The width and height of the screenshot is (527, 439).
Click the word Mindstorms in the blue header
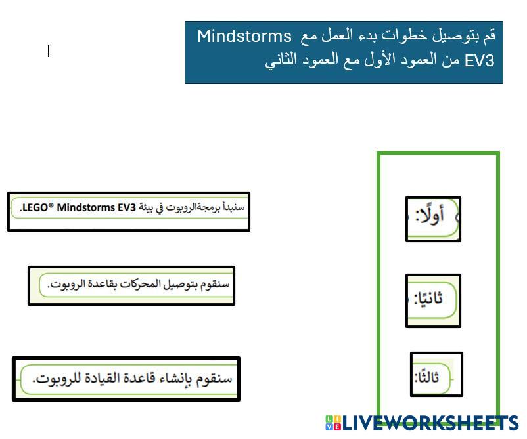tap(244, 36)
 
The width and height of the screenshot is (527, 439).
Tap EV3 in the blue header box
tap(480, 61)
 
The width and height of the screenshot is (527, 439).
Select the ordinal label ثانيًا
tap(428, 298)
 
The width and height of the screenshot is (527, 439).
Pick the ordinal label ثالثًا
tap(427, 377)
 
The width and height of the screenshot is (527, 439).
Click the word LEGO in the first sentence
tap(35, 207)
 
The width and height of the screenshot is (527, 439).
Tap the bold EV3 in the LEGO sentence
tap(127, 207)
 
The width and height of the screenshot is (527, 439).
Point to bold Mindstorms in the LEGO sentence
tap(86, 207)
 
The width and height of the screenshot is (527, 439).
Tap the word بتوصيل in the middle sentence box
tap(181, 284)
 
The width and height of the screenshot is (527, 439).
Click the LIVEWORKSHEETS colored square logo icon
tap(333, 423)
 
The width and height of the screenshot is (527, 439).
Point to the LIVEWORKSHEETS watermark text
tap(430, 423)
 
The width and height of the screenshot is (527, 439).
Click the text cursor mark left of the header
tap(49, 51)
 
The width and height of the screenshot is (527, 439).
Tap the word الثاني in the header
tap(281, 61)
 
